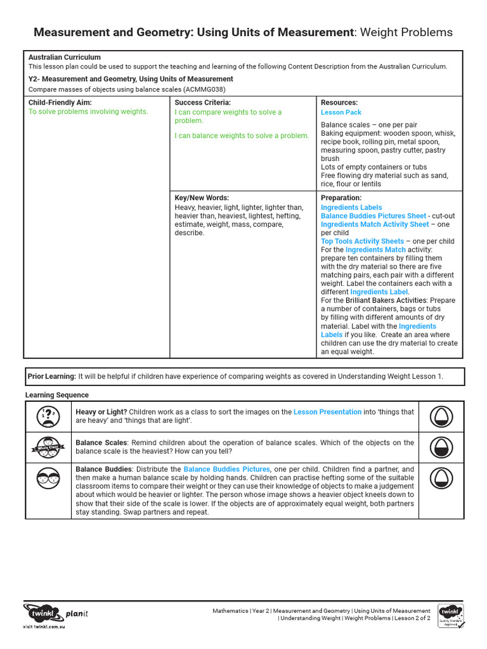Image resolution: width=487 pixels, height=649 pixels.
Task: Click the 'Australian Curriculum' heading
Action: tap(65, 57)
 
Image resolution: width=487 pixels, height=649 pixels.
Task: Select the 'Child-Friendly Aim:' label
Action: tap(60, 103)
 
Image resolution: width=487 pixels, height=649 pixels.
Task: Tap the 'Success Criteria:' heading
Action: tap(202, 103)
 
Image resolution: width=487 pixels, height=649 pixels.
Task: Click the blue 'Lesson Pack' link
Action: tap(341, 112)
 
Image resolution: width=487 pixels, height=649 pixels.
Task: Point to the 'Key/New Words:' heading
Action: tap(202, 198)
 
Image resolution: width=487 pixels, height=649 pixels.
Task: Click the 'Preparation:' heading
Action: tap(341, 198)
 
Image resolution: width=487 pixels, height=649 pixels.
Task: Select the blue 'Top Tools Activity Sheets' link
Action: tap(362, 241)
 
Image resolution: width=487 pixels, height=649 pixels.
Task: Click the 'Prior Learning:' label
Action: tap(52, 376)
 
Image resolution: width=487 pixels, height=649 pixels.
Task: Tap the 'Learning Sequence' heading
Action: tap(57, 395)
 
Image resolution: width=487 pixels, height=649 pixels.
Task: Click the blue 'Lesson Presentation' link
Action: tap(327, 412)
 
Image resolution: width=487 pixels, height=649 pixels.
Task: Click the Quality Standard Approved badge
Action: tap(450, 615)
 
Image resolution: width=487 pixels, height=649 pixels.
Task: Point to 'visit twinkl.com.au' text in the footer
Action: tap(44, 626)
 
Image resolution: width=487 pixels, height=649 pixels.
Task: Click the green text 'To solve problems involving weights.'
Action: tap(88, 112)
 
